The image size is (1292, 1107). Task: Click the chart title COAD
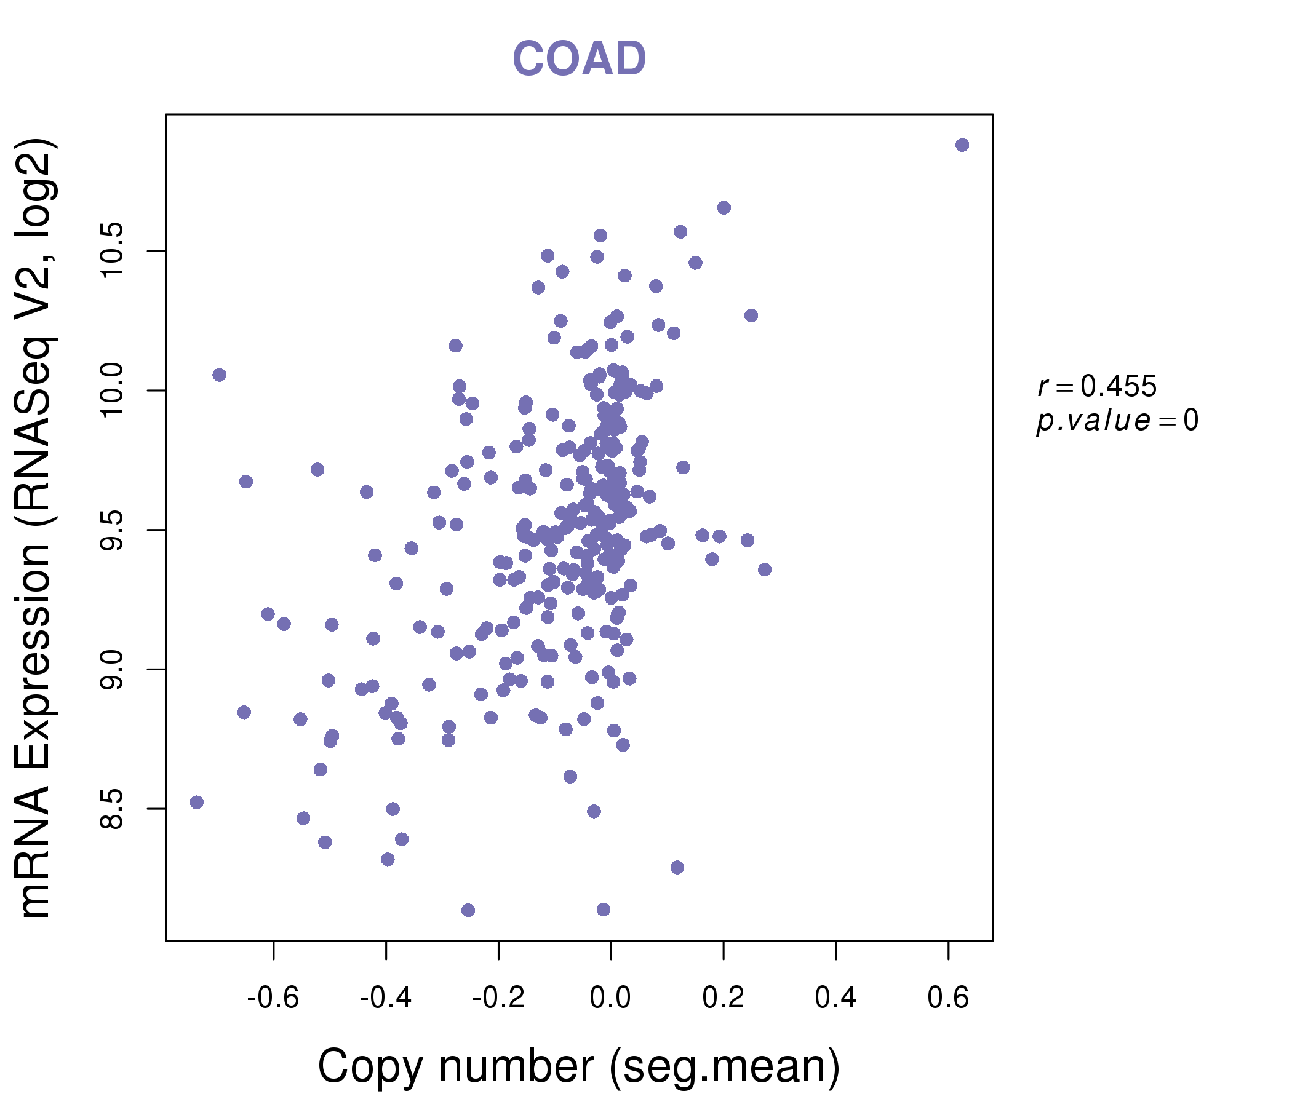click(579, 59)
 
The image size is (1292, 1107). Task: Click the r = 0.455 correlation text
click(1097, 386)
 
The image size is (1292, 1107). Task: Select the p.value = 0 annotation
click(1117, 421)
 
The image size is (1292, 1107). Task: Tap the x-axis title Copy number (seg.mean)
click(579, 1066)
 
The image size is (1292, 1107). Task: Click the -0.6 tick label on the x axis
click(273, 998)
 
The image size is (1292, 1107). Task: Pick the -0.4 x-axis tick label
click(385, 998)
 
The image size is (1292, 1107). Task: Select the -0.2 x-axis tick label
click(498, 998)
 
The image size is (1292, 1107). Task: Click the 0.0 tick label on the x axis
click(610, 998)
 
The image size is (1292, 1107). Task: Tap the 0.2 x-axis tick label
click(724, 998)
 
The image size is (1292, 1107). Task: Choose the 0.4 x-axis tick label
click(835, 998)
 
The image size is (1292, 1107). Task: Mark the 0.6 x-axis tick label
click(948, 998)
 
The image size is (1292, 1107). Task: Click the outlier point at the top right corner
click(962, 145)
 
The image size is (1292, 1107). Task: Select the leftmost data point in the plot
click(197, 802)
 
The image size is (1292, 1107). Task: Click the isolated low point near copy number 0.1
click(677, 868)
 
